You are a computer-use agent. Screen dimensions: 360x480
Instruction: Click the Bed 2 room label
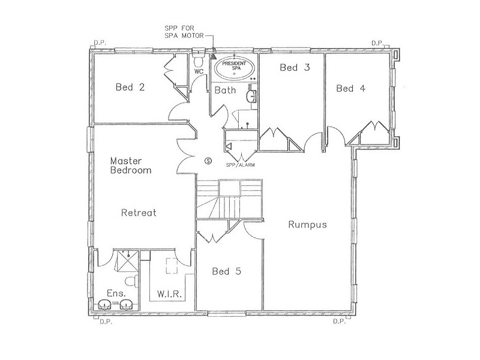pos(130,88)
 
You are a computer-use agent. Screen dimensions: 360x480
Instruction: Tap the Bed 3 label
pos(295,68)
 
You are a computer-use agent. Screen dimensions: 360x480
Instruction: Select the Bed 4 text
pos(350,88)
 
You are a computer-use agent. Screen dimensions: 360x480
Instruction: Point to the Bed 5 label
pos(226,271)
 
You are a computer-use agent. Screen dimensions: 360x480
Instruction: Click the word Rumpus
pos(307,225)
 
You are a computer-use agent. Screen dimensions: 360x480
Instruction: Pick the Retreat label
pos(139,212)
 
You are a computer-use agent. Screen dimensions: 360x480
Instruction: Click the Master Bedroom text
pos(130,166)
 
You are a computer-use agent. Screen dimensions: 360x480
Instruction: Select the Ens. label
pos(116,293)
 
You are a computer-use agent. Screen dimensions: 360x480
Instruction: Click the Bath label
pos(225,91)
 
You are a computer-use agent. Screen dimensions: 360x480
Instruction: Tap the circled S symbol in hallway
pos(208,160)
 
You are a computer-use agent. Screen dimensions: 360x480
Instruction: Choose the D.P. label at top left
pos(100,43)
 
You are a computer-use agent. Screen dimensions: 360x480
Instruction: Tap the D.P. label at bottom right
pos(340,322)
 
